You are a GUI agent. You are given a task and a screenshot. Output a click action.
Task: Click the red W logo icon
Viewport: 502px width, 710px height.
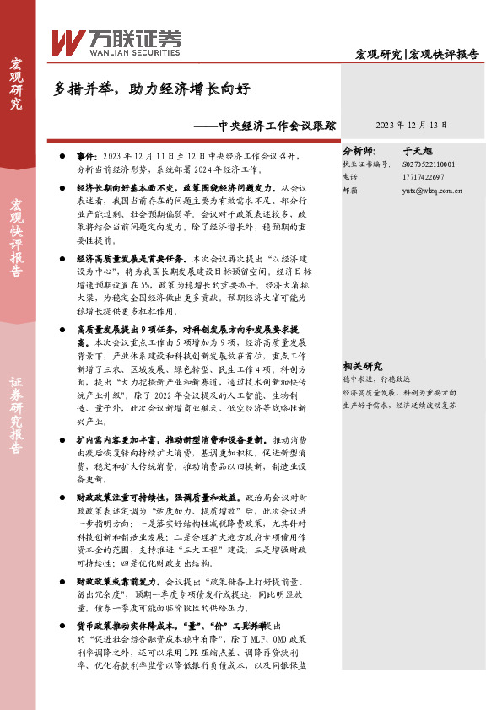(66, 41)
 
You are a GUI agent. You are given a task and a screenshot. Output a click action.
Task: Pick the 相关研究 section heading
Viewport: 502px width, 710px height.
(362, 366)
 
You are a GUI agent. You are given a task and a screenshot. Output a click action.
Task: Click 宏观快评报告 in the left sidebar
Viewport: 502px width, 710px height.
(17, 239)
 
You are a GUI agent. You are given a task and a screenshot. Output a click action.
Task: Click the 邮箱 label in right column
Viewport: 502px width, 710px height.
(351, 191)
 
